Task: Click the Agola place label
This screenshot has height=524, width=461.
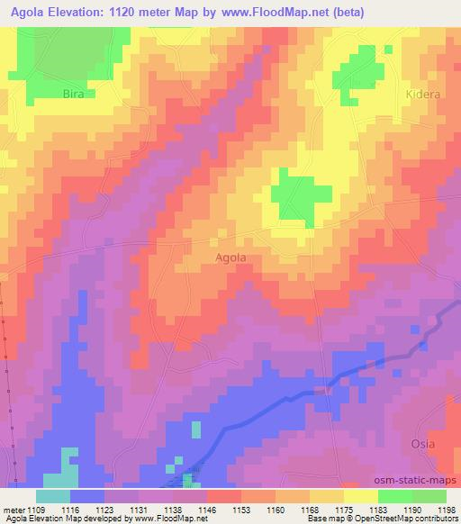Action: pyautogui.click(x=231, y=257)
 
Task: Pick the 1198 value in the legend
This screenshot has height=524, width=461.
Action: pyautogui.click(x=447, y=510)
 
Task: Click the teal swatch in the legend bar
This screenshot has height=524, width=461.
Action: pyautogui.click(x=52, y=496)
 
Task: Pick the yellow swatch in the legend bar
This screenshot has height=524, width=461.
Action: pyautogui.click(x=360, y=496)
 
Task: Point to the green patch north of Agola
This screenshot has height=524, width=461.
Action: pyautogui.click(x=298, y=195)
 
